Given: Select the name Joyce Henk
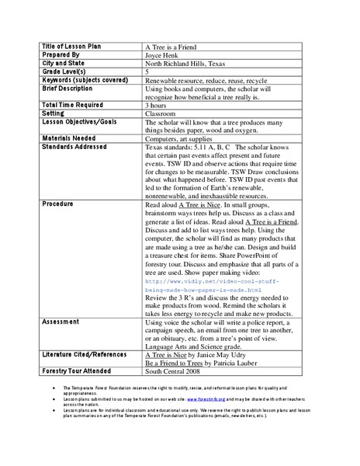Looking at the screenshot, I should pyautogui.click(x=163, y=57).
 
